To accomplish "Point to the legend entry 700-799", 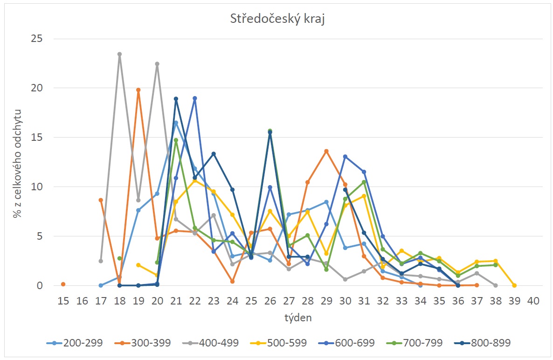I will pyautogui.click(x=422, y=343).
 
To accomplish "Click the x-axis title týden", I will pyautogui.click(x=298, y=318).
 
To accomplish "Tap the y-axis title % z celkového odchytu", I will pyautogui.click(x=17, y=162).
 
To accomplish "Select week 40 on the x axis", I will pyautogui.click(x=533, y=301).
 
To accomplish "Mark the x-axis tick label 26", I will pyautogui.click(x=270, y=301).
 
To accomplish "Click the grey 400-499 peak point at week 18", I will pyautogui.click(x=119, y=54).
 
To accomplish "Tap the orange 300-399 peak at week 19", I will pyautogui.click(x=138, y=90).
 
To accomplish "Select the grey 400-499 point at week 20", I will pyautogui.click(x=157, y=64).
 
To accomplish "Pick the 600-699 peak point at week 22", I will pyautogui.click(x=195, y=98).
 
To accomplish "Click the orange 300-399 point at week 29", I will pyautogui.click(x=326, y=151).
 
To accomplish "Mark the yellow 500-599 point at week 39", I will pyautogui.click(x=514, y=285).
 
